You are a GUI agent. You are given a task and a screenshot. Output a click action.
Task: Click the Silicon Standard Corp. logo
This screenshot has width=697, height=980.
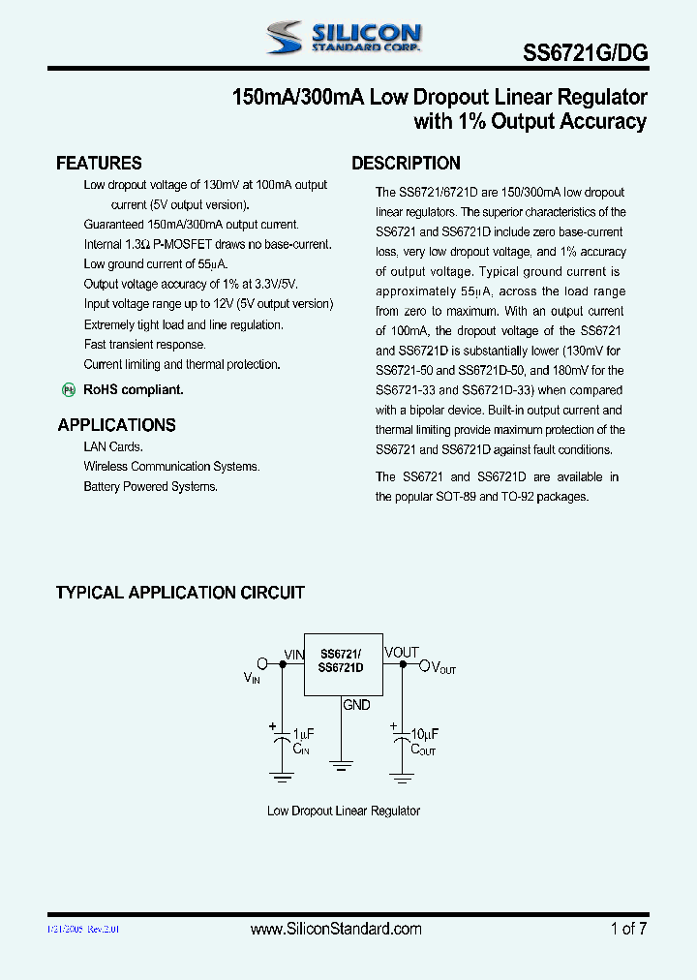343,38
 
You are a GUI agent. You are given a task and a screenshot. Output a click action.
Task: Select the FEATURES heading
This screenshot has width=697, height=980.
99,163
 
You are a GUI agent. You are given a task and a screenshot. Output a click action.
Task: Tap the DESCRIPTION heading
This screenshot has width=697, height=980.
406,163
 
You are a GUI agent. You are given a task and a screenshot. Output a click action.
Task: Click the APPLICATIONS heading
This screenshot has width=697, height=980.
116,424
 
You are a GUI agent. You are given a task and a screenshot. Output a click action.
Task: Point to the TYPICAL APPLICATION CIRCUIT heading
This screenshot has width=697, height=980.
180,592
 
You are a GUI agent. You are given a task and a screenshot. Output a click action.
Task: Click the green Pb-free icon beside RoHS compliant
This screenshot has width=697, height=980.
69,389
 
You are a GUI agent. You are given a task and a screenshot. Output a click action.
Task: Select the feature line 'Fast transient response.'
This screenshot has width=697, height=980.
144,345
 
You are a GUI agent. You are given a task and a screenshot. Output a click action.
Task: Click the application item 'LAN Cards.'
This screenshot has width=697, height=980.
113,446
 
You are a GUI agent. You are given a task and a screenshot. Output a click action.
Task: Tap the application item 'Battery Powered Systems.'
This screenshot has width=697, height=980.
150,486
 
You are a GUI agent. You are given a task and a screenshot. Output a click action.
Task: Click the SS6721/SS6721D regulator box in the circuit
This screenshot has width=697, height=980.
342,663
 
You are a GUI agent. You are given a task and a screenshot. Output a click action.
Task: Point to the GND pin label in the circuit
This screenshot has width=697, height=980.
356,705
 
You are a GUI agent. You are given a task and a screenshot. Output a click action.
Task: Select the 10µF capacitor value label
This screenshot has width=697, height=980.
424,734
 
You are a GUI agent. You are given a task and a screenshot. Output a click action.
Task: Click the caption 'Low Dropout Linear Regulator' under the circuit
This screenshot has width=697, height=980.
344,811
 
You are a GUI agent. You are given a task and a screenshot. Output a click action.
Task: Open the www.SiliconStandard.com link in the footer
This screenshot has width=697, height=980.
336,929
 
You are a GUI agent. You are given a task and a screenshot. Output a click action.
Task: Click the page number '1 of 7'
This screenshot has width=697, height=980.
628,929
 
